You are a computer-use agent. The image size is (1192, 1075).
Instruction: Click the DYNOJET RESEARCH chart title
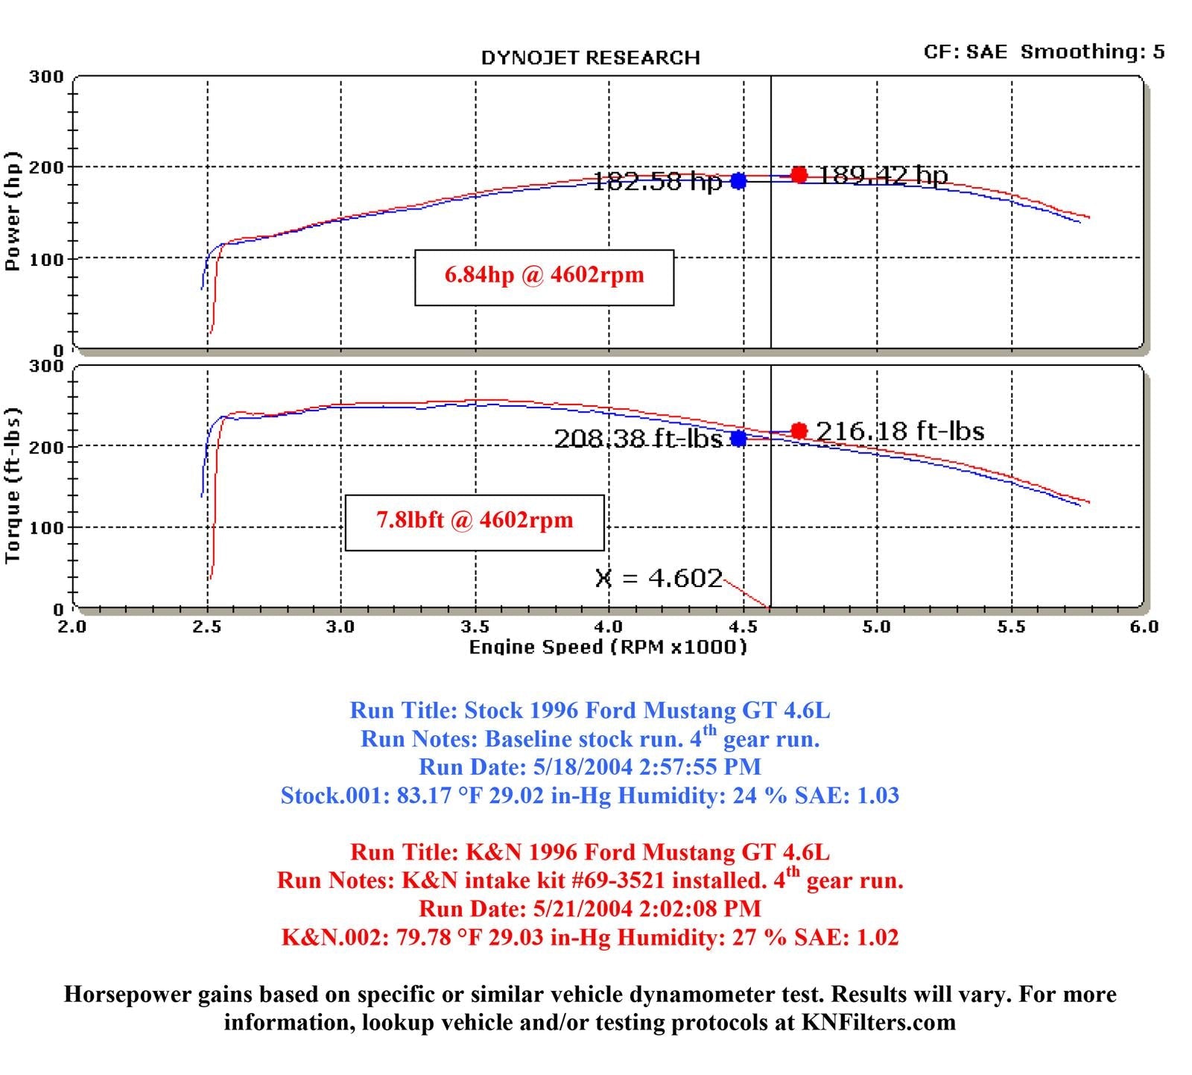click(x=590, y=58)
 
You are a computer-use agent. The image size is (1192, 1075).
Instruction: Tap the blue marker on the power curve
click(x=738, y=181)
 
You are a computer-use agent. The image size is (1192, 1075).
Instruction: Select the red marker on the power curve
click(x=799, y=175)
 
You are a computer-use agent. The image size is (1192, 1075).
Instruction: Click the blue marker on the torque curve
click(x=738, y=438)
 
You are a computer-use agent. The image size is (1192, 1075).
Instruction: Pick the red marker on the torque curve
click(x=799, y=431)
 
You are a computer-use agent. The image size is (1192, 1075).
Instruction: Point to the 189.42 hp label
click(x=883, y=176)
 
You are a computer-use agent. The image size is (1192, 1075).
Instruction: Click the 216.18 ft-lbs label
click(x=900, y=431)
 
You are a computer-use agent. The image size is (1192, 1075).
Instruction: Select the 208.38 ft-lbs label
click(x=638, y=439)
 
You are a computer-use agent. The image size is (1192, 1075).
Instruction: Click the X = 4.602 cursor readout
click(x=659, y=579)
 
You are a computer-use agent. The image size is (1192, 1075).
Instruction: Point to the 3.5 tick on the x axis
click(x=475, y=627)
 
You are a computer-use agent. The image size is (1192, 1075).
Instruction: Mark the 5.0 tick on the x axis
click(x=877, y=627)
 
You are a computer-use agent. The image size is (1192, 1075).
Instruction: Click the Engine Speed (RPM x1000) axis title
click(x=607, y=647)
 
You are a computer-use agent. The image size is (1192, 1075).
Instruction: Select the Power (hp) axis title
click(x=13, y=212)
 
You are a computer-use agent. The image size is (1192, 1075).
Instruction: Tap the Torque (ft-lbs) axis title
click(x=13, y=485)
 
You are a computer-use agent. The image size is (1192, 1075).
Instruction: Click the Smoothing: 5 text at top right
click(x=1092, y=51)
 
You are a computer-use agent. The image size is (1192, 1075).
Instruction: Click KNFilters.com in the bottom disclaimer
click(x=878, y=1022)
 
